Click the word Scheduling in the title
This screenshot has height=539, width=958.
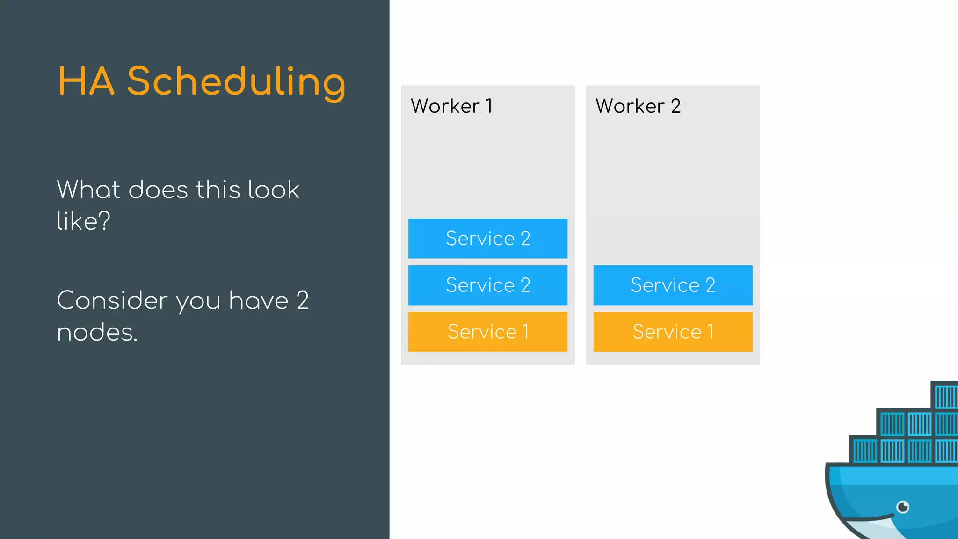(x=236, y=82)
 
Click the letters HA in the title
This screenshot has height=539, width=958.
(x=86, y=82)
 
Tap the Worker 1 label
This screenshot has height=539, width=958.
(x=451, y=106)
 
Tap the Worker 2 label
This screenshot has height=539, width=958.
(x=638, y=106)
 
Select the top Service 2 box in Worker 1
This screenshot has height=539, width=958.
(x=487, y=239)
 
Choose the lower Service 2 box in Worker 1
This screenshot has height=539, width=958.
(x=487, y=285)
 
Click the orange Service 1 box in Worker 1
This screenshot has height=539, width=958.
(x=487, y=332)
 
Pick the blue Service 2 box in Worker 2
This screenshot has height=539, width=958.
(x=673, y=285)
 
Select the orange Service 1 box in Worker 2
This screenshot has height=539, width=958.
(x=673, y=332)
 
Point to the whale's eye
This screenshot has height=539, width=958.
(x=903, y=507)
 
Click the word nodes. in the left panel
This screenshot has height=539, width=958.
(x=97, y=333)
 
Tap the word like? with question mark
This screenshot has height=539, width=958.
(x=83, y=221)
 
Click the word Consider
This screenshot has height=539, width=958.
(x=112, y=300)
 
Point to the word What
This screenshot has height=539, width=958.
(x=89, y=190)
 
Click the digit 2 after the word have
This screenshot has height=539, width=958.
(x=303, y=300)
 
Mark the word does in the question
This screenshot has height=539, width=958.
(x=158, y=190)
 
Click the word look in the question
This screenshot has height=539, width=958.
(x=273, y=190)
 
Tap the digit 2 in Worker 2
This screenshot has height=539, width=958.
(x=675, y=106)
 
